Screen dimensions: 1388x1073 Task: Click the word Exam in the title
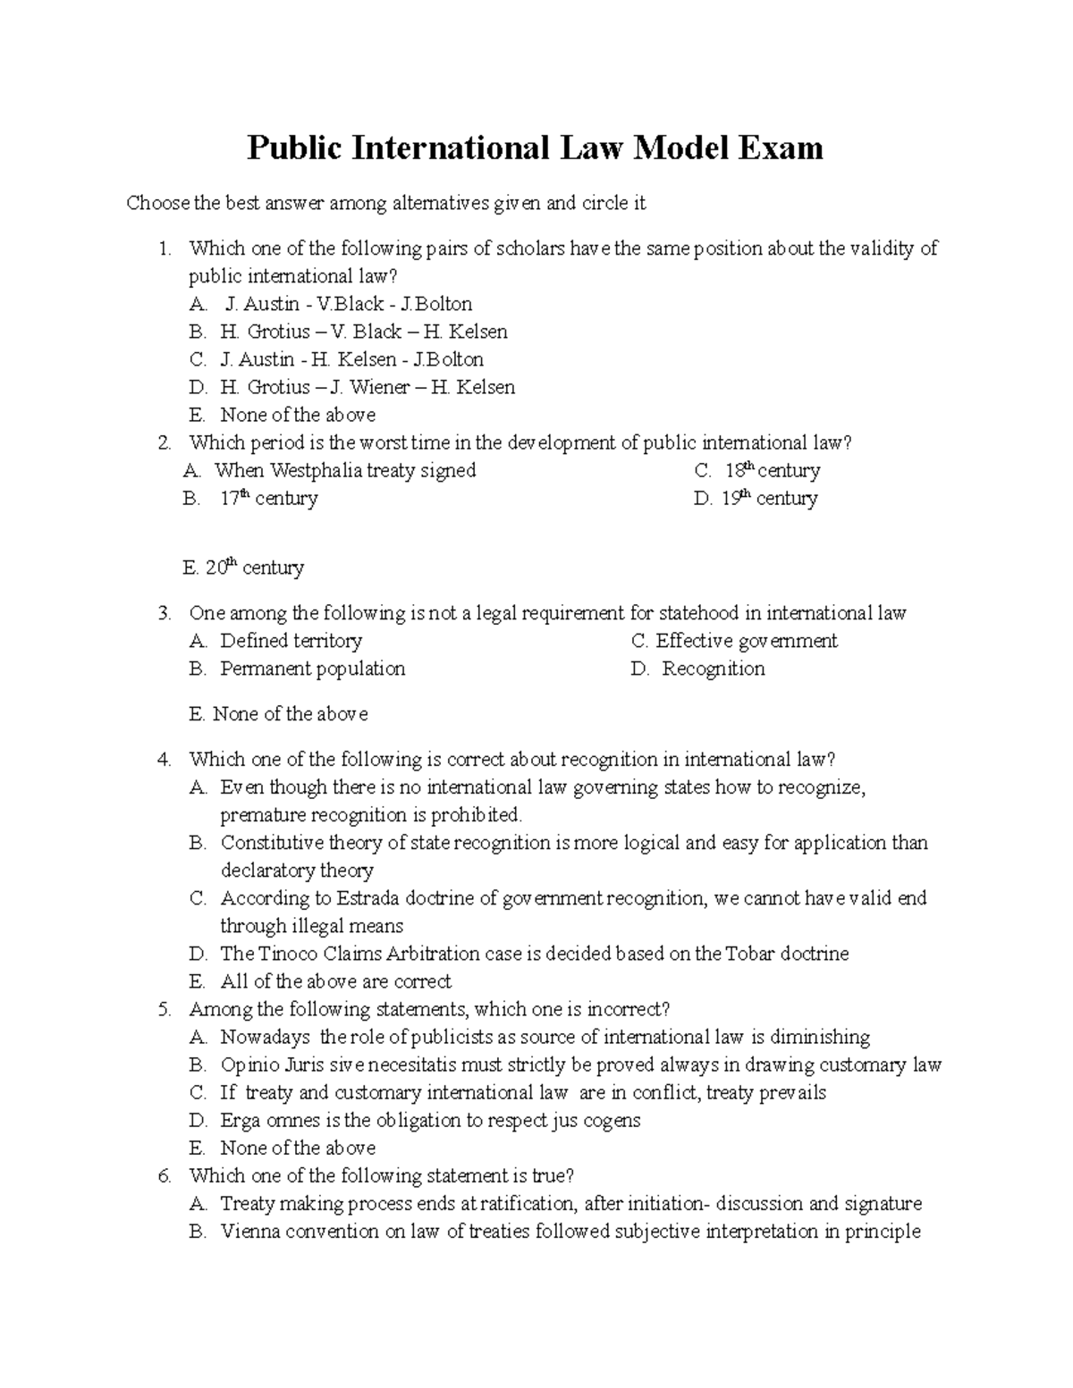point(780,147)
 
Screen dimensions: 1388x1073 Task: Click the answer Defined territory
point(291,641)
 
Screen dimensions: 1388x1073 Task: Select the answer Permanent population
point(312,669)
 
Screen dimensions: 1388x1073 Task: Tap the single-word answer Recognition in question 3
point(713,669)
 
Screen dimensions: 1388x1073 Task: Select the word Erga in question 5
point(240,1121)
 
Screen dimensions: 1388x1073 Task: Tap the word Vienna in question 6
point(252,1232)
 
